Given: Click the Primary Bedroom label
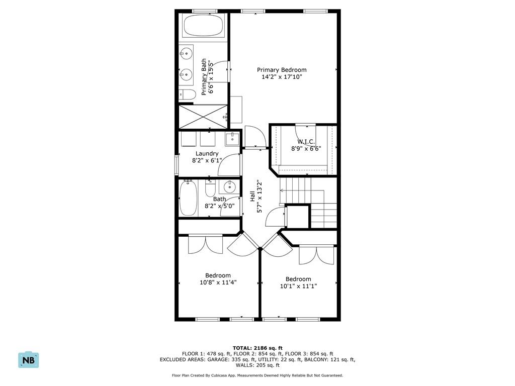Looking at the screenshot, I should point(282,70).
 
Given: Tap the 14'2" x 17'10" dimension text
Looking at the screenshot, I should point(282,77).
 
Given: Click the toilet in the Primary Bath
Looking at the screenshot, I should point(188,94).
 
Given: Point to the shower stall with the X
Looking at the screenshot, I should point(202,117).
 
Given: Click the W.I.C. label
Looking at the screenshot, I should point(306,142).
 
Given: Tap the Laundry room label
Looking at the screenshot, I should point(207,154).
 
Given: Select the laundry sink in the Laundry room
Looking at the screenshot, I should point(232,139).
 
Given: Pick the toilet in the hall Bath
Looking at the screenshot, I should point(211,188).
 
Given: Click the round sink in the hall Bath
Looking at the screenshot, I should point(229,187).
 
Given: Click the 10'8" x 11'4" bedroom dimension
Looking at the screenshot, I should point(218,282).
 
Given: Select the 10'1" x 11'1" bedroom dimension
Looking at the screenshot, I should point(298,286).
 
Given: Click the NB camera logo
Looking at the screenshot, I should point(29,360).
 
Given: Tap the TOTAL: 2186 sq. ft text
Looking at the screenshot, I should point(257,348).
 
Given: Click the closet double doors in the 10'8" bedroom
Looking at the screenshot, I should point(205,245).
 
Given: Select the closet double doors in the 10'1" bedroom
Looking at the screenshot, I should point(316,255).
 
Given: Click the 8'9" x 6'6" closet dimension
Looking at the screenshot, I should point(306,148).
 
